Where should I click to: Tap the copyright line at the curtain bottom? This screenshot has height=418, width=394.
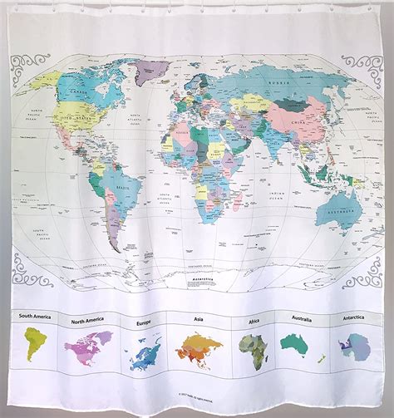pos(198,394)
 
